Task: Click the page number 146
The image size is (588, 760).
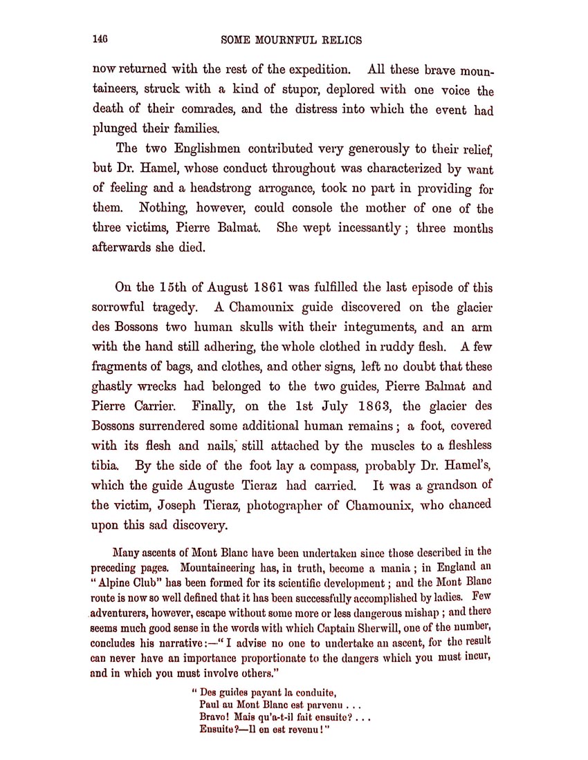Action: [x=102, y=39]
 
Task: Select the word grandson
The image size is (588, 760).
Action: [x=450, y=484]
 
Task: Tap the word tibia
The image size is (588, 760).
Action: [x=107, y=465]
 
